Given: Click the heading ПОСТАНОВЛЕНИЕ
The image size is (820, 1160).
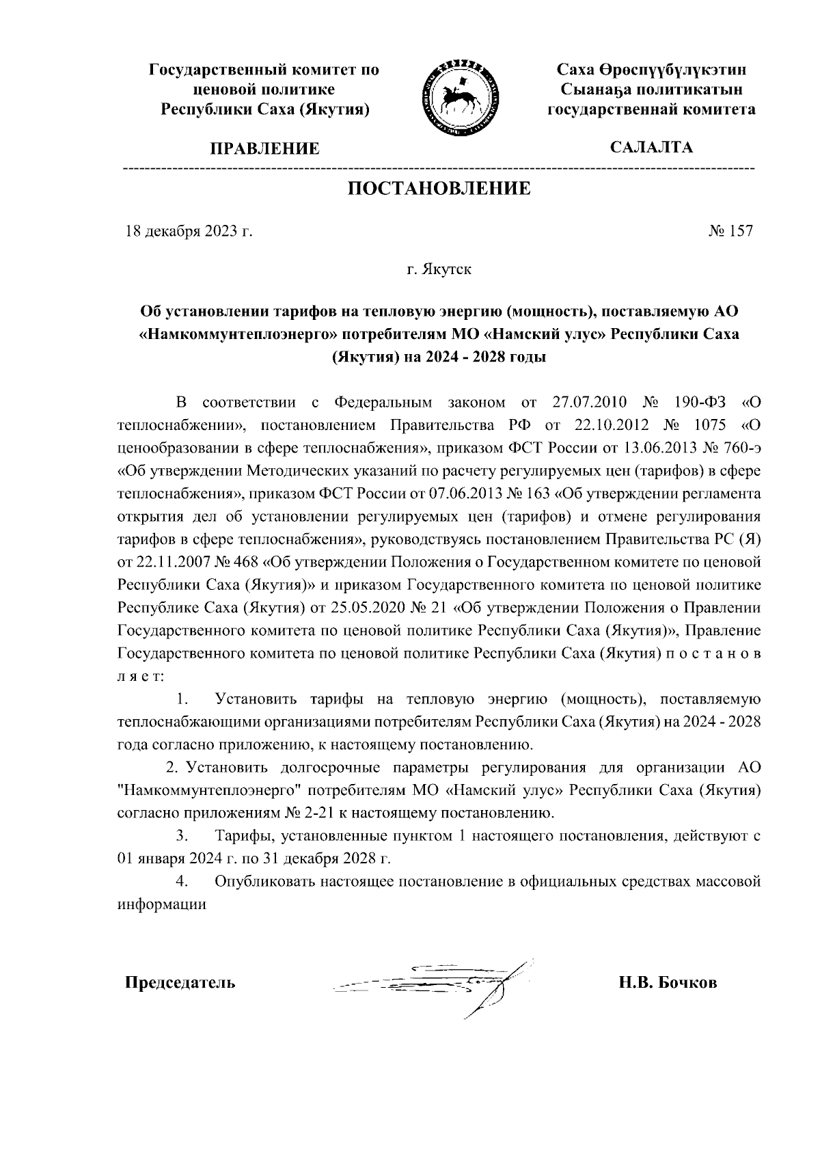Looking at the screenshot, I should [x=439, y=189].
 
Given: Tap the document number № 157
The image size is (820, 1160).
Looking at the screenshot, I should [x=731, y=231].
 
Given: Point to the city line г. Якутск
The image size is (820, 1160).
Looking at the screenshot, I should [x=439, y=269].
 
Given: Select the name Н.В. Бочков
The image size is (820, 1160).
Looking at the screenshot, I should [x=668, y=983].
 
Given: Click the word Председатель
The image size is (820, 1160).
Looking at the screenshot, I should [x=180, y=983].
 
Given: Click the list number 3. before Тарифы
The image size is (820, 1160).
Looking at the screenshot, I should [x=182, y=835].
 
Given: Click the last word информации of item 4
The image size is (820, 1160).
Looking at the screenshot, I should [x=162, y=904].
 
